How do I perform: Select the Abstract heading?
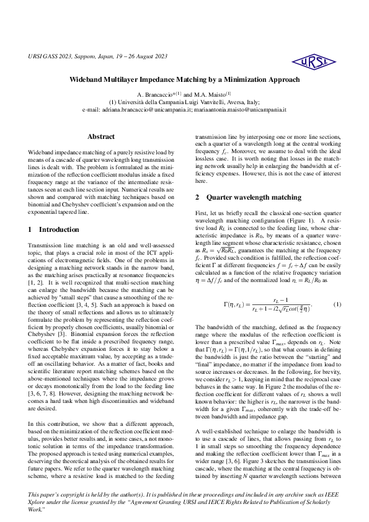click(101, 136)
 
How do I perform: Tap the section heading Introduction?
click(59, 229)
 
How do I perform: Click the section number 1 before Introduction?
click(31, 229)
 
